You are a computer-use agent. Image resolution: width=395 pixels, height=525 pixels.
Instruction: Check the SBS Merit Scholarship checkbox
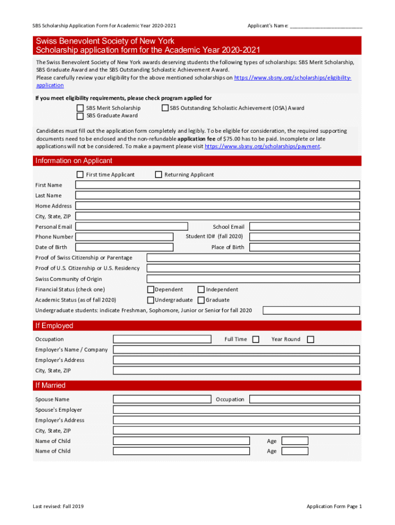[80, 108]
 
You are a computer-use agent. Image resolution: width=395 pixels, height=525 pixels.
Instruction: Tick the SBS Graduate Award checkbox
[80, 116]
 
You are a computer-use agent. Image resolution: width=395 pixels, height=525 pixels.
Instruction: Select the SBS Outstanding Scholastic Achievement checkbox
[165, 108]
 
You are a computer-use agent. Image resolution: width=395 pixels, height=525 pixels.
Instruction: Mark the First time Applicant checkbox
[80, 175]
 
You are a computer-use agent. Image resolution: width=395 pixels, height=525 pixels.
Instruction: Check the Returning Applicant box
[159, 175]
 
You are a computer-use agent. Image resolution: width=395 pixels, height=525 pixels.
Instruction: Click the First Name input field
[218, 185]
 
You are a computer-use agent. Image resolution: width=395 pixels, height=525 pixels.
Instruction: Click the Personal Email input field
[132, 227]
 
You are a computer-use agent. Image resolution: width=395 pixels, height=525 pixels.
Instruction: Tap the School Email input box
[305, 227]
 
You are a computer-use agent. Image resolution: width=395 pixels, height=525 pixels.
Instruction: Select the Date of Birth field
[124, 247]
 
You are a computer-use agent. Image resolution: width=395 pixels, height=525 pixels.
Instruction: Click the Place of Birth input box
[305, 247]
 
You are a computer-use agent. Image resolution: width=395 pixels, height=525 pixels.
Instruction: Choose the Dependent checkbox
[151, 290]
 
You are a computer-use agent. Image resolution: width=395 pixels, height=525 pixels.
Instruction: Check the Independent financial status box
[201, 290]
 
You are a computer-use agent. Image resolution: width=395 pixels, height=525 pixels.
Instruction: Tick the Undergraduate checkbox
[151, 300]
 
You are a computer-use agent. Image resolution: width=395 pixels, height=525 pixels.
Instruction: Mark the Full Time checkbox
[256, 339]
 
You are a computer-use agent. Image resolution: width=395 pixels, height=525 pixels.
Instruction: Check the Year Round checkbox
[310, 339]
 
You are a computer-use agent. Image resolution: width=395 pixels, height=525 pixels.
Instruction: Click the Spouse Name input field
[162, 399]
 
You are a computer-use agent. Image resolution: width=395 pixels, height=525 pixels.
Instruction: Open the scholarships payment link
[262, 147]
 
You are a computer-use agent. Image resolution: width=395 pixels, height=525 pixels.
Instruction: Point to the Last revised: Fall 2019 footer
[58, 507]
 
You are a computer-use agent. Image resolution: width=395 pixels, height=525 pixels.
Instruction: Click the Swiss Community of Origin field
[253, 279]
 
